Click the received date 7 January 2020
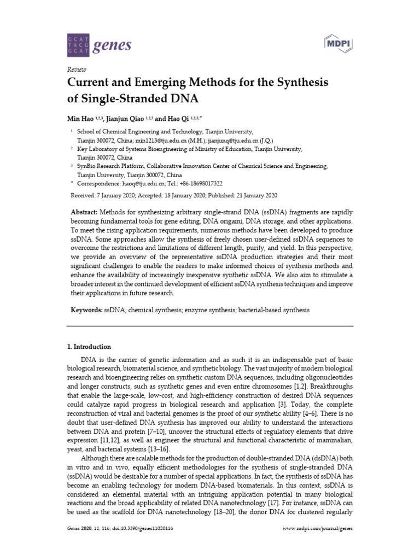[x=113, y=195]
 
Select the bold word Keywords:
[x=87, y=310]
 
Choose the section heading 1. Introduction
[x=89, y=347]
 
